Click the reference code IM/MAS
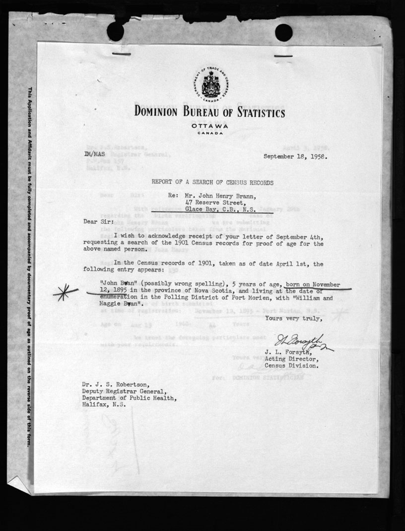pos(95,155)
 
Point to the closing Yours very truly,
pos(294,318)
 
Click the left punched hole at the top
pos(116,32)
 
